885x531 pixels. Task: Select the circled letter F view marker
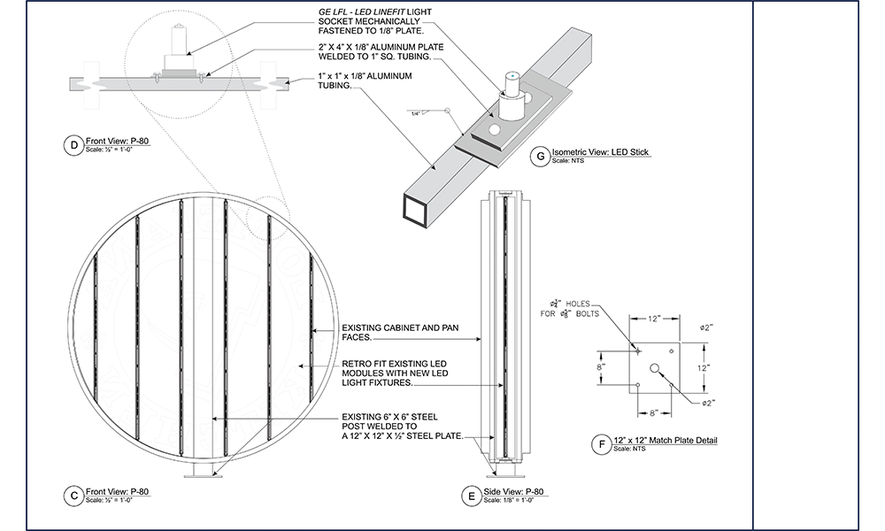pos(604,443)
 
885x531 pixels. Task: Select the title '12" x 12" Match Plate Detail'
pos(665,440)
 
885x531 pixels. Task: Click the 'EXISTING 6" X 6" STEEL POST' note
pos(403,427)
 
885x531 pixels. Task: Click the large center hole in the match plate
pos(655,367)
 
